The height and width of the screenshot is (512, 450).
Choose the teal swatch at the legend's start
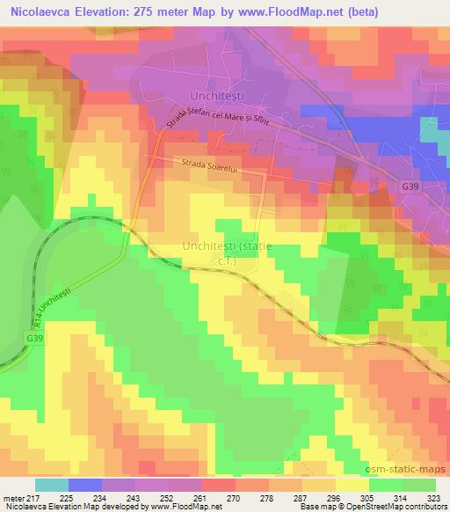tap(51, 485)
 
